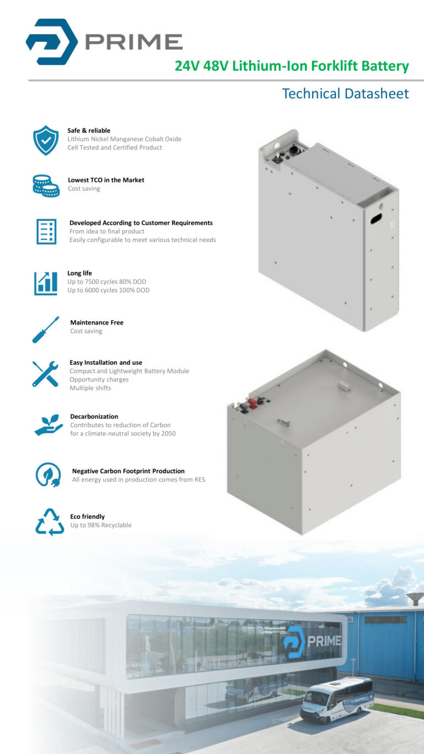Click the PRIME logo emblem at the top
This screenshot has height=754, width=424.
click(x=51, y=41)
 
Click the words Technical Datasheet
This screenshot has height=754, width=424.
click(x=345, y=94)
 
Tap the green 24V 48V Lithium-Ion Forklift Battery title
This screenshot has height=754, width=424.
click(x=291, y=66)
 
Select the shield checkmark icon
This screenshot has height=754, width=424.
click(x=45, y=140)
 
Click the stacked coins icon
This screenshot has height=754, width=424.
click(x=45, y=184)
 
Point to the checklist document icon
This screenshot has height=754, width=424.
click(x=46, y=231)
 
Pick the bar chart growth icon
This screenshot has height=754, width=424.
click(x=45, y=283)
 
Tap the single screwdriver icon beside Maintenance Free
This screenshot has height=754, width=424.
click(x=45, y=330)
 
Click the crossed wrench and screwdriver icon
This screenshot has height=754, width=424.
click(x=45, y=374)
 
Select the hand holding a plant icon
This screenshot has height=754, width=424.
click(x=49, y=425)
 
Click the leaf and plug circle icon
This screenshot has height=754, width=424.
click(x=48, y=475)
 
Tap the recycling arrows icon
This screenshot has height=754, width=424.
click(x=49, y=522)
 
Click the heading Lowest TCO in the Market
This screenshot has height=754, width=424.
click(x=106, y=180)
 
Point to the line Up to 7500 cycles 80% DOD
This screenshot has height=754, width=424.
click(x=107, y=282)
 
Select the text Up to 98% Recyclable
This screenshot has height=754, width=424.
click(x=100, y=525)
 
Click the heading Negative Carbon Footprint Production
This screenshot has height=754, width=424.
click(x=128, y=471)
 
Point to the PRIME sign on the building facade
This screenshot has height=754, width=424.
click(x=312, y=641)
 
